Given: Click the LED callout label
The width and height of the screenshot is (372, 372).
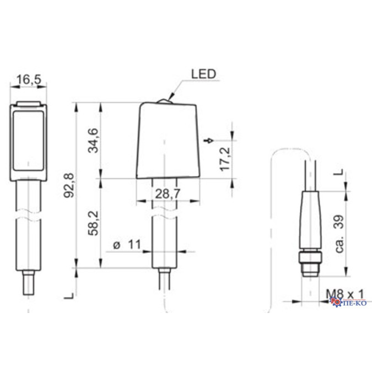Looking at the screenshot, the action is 203,74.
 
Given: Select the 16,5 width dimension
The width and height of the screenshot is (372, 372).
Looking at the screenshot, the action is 29,79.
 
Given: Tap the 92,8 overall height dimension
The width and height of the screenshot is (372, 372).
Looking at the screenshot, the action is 69,185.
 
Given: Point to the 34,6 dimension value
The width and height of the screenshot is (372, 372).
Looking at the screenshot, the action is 93,140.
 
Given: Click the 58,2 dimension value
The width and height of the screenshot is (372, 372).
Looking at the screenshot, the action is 93,223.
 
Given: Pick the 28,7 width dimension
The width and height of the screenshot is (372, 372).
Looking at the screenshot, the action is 168,194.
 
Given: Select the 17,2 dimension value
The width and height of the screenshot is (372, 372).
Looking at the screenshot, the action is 225,159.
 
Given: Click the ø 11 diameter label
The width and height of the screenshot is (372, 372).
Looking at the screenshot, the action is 127,245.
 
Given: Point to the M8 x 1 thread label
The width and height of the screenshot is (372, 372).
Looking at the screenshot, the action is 344,295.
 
